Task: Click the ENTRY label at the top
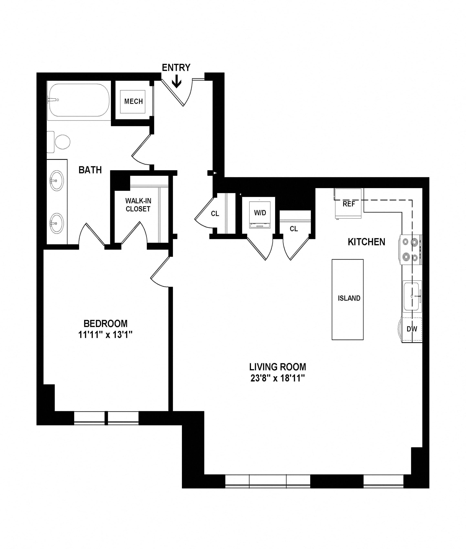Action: (176, 68)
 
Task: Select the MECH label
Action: (133, 101)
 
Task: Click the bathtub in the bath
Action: (79, 100)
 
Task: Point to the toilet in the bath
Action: (59, 142)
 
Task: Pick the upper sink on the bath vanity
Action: (57, 180)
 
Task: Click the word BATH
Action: (90, 170)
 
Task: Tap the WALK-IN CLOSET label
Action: (138, 205)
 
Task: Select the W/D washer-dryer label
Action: (260, 213)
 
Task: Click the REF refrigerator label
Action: (349, 204)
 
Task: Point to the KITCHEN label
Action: (366, 242)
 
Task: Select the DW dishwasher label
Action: (412, 329)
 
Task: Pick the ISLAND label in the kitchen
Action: (349, 298)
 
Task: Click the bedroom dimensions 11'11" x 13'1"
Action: (105, 335)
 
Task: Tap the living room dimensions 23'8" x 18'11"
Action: (278, 378)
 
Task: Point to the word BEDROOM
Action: (105, 323)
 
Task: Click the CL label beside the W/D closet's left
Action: (215, 213)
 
